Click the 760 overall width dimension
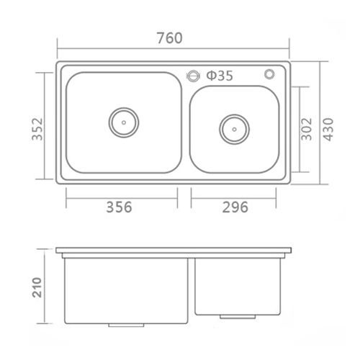pyautogui.click(x=170, y=38)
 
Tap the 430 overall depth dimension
pyautogui.click(x=328, y=130)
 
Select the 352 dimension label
pyautogui.click(x=37, y=129)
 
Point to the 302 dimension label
pyautogui.click(x=307, y=129)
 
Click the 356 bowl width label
pyautogui.click(x=119, y=207)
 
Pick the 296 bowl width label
pyautogui.click(x=235, y=207)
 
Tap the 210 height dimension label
pyautogui.click(x=37, y=287)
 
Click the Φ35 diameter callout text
pyautogui.click(x=220, y=76)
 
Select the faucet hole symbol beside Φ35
pyautogui.click(x=193, y=76)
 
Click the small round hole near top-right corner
pyautogui.click(x=269, y=74)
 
